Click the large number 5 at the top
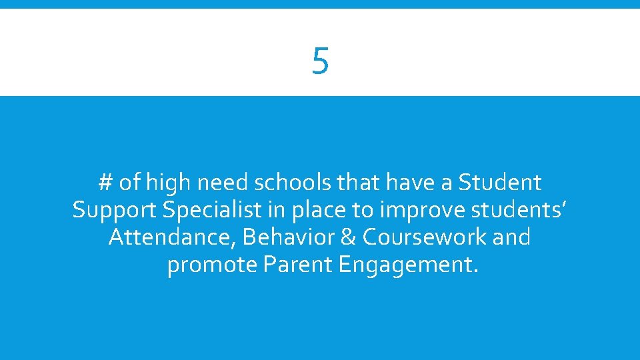[320, 61]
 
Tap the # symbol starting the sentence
[105, 182]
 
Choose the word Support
[115, 210]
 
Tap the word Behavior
[287, 237]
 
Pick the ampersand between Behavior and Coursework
[351, 237]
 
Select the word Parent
[298, 265]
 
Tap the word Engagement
[408, 265]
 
